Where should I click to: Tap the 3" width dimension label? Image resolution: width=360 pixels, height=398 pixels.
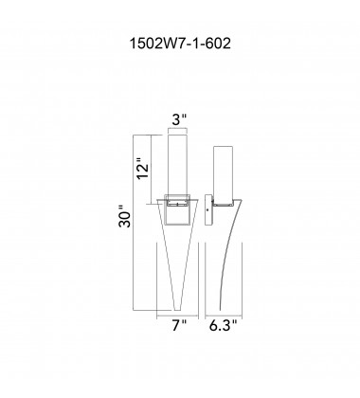[179, 120]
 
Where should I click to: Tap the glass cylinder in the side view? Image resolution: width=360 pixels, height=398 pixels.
[224, 171]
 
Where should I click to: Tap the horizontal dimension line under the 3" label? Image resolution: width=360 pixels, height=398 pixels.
[179, 134]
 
